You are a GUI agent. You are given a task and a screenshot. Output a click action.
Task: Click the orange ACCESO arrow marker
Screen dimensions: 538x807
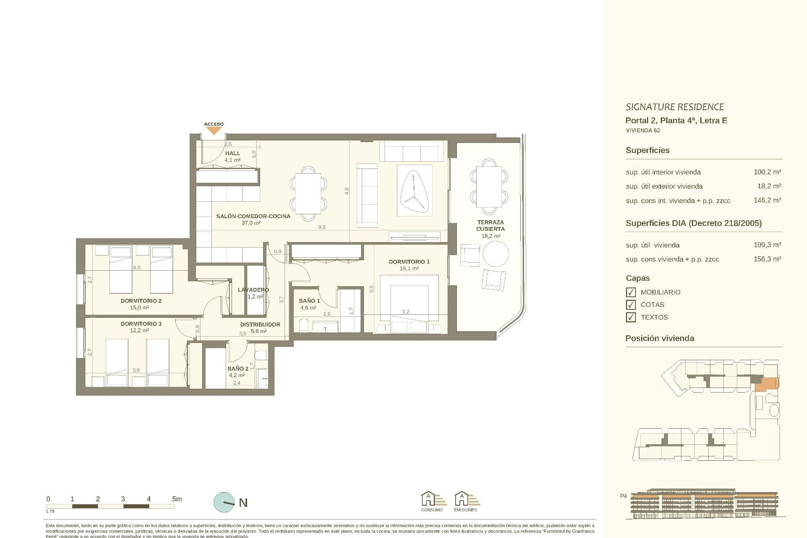tap(214, 131)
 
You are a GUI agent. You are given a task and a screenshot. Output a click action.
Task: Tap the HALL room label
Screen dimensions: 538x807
tap(232, 153)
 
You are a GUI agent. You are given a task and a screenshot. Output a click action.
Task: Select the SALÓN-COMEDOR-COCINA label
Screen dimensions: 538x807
tap(253, 216)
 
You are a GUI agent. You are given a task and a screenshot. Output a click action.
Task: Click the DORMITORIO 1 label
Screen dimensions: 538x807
tap(409, 261)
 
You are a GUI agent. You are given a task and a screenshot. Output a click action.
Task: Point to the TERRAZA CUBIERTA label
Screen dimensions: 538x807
tap(490, 226)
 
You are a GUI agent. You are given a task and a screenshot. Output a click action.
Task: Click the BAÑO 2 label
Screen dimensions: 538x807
tap(238, 369)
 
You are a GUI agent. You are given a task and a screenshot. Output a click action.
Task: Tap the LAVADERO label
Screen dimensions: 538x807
tap(253, 290)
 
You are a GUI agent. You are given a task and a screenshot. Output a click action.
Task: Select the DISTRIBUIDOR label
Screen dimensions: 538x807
tap(260, 324)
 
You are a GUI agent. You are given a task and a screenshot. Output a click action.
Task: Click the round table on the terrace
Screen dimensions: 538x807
tap(496, 254)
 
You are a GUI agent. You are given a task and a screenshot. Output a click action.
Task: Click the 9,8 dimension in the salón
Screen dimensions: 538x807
tap(322, 227)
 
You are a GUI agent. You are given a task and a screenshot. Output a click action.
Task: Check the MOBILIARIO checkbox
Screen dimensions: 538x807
tap(630, 292)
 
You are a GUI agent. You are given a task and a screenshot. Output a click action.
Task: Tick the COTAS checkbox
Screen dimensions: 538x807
tap(630, 305)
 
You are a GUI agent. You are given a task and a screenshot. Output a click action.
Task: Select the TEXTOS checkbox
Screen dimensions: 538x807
tap(630, 317)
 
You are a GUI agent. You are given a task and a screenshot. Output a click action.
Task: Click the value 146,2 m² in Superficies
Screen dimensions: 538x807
tap(767, 200)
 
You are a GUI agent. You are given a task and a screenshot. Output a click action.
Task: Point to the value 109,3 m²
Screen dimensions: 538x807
tap(767, 245)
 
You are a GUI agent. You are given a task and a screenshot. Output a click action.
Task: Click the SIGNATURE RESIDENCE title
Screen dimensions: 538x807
tap(675, 107)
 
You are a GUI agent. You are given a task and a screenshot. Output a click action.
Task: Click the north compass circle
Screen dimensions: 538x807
tap(224, 502)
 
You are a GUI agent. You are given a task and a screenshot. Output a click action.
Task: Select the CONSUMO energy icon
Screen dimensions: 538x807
tap(432, 501)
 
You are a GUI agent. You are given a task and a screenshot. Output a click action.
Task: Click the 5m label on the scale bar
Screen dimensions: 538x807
tap(177, 499)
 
